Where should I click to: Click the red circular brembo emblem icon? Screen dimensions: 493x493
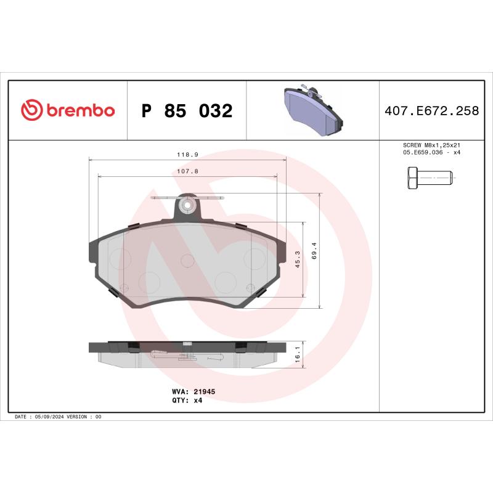pyautogui.click(x=31, y=111)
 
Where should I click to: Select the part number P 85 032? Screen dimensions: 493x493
pyautogui.click(x=187, y=112)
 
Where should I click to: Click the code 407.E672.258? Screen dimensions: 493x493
pyautogui.click(x=431, y=112)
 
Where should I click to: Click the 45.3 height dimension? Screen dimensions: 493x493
pyautogui.click(x=298, y=259)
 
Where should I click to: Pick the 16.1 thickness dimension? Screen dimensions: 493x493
pyautogui.click(x=298, y=355)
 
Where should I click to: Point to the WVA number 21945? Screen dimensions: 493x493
pyautogui.click(x=205, y=391)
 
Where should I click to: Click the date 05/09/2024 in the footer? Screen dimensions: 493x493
pyautogui.click(x=51, y=417)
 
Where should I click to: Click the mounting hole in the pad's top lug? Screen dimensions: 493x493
pyautogui.click(x=189, y=204)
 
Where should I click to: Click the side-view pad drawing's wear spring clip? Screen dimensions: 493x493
pyautogui.click(x=161, y=353)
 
